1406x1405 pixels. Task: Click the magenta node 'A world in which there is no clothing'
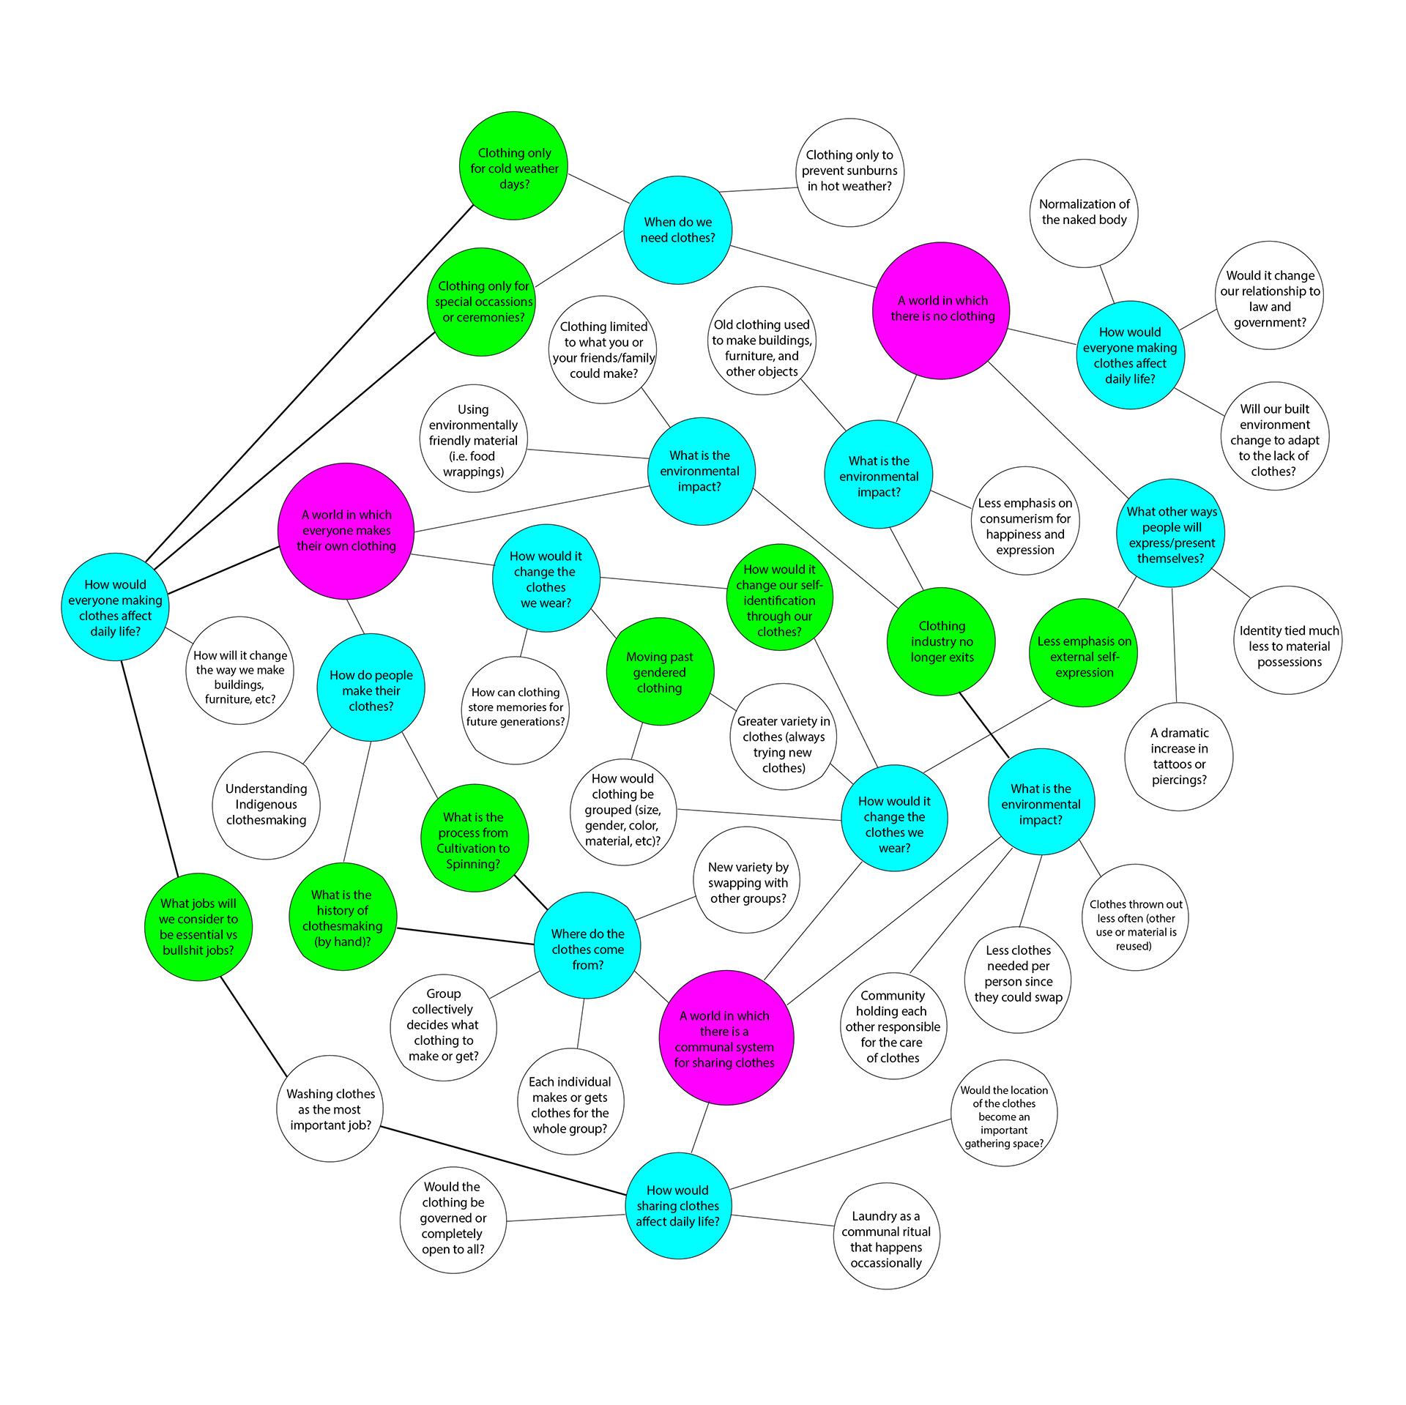pyautogui.click(x=942, y=310)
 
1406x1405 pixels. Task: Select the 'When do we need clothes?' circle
pyautogui.click(x=677, y=230)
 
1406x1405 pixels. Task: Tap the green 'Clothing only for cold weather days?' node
pyautogui.click(x=514, y=166)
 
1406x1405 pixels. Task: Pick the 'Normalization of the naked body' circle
pyautogui.click(x=1084, y=213)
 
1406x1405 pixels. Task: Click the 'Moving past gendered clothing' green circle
pyautogui.click(x=660, y=672)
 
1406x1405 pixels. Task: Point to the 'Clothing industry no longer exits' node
pyautogui.click(x=942, y=641)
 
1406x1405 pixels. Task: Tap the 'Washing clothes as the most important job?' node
pyautogui.click(x=330, y=1108)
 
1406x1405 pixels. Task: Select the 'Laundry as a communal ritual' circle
pyautogui.click(x=886, y=1239)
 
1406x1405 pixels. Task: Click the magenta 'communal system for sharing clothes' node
pyautogui.click(x=725, y=1038)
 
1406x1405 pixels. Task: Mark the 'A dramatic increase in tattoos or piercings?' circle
pyautogui.click(x=1179, y=756)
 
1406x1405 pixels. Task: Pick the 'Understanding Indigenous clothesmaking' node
pyautogui.click(x=266, y=805)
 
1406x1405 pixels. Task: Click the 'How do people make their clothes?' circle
pyautogui.click(x=371, y=689)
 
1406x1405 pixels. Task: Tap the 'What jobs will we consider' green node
pyautogui.click(x=198, y=926)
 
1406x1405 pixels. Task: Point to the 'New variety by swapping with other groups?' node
pyautogui.click(x=748, y=882)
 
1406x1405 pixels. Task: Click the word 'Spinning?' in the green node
pyautogui.click(x=473, y=865)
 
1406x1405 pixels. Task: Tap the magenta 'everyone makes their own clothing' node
pyautogui.click(x=346, y=531)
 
